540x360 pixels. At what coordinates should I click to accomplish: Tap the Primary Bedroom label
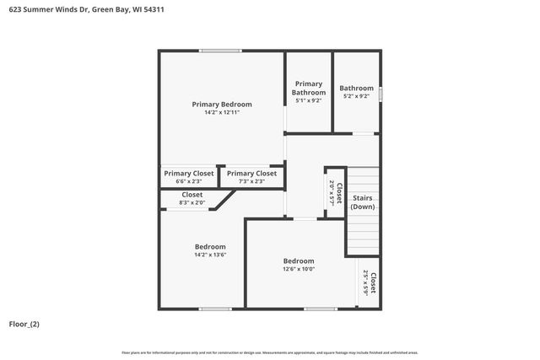(x=222, y=105)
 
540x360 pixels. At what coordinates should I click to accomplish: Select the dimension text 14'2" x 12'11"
(x=222, y=113)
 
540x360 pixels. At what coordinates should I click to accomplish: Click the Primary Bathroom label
(x=309, y=89)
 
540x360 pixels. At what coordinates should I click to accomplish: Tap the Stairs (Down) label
(x=363, y=202)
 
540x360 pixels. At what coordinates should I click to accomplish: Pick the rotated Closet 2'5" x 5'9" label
(x=369, y=282)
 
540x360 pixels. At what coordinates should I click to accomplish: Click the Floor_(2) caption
(x=24, y=325)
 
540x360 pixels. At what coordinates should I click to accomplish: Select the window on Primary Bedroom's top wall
(x=220, y=51)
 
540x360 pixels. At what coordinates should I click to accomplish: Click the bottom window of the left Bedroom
(x=216, y=309)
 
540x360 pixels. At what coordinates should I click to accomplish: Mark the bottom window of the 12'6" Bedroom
(x=321, y=309)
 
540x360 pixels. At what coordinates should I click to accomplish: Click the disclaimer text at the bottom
(x=270, y=352)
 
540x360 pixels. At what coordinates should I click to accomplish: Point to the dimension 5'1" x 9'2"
(x=309, y=101)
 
